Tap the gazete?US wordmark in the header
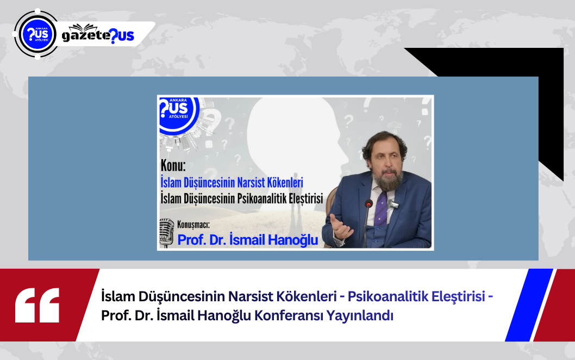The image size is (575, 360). pyautogui.click(x=98, y=35)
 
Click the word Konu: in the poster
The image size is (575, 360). pyautogui.click(x=173, y=166)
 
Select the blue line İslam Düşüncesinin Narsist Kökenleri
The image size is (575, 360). pyautogui.click(x=232, y=182)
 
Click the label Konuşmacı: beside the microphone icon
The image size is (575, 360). pyautogui.click(x=193, y=224)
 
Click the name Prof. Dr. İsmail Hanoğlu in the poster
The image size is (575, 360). pyautogui.click(x=247, y=240)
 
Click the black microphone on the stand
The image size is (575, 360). pyautogui.click(x=368, y=204)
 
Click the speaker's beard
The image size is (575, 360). pyautogui.click(x=387, y=181)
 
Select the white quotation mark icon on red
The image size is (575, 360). pyautogui.click(x=37, y=305)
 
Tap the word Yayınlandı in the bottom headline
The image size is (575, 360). pyautogui.click(x=360, y=316)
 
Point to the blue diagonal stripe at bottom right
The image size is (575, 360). pyautogui.click(x=529, y=305)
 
